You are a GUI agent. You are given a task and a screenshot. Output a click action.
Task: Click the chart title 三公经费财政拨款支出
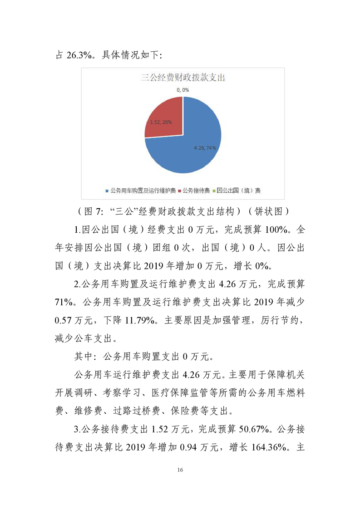(182, 78)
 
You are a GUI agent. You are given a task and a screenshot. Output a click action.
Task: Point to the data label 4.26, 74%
(205, 148)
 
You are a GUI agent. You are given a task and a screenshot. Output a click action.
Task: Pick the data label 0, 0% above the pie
(182, 90)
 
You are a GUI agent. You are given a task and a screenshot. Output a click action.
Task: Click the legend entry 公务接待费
(196, 191)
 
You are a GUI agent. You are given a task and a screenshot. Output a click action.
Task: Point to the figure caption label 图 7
(93, 212)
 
